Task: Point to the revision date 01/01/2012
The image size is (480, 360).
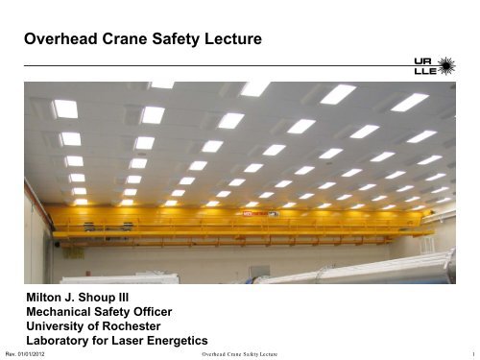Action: click(x=35, y=353)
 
